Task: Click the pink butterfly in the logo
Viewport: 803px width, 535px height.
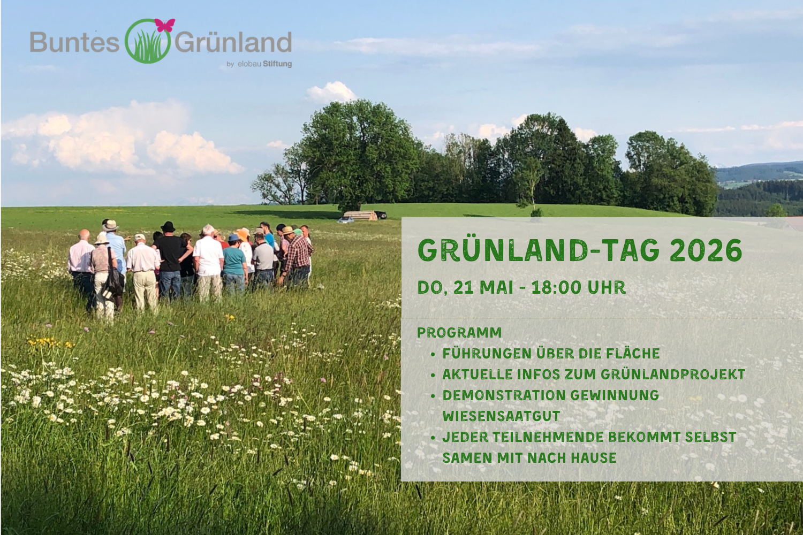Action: (x=165, y=26)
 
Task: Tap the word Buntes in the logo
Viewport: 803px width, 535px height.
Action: (x=74, y=42)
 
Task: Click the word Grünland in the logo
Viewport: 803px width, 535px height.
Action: (x=233, y=42)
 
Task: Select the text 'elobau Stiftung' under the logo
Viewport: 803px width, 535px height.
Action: (x=264, y=64)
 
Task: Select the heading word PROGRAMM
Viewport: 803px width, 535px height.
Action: (x=459, y=333)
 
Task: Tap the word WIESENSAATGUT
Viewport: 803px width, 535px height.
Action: (x=501, y=416)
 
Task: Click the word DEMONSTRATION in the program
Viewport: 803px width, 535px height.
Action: (x=503, y=395)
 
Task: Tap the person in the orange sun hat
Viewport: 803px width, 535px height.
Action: (x=245, y=247)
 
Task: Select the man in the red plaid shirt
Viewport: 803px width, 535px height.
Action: (x=297, y=256)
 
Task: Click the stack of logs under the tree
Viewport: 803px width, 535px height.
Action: (x=360, y=216)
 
